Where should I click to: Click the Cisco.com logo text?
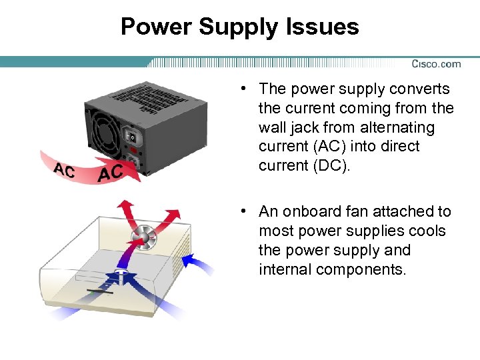coord(436,64)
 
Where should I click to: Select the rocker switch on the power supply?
coord(133,138)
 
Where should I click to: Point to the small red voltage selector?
coord(134,151)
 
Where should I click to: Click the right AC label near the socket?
coord(110,173)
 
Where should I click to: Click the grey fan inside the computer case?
coord(143,237)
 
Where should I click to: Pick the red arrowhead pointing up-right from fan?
coord(174,214)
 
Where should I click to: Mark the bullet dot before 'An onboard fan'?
coord(246,211)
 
